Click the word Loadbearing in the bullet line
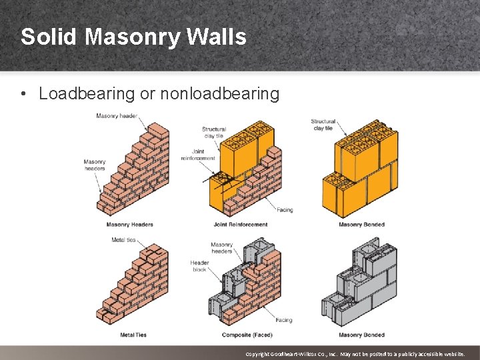pyautogui.click(x=87, y=94)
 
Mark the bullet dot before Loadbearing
pyautogui.click(x=24, y=94)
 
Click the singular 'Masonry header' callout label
pyautogui.click(x=117, y=116)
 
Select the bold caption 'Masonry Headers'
pyautogui.click(x=129, y=225)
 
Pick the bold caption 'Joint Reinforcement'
pyautogui.click(x=241, y=225)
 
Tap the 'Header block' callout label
pyautogui.click(x=199, y=266)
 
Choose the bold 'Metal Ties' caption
pyautogui.click(x=133, y=335)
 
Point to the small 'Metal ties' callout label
pyautogui.click(x=123, y=240)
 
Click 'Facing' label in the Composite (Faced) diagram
pyautogui.click(x=283, y=321)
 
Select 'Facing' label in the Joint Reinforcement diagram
pyautogui.click(x=285, y=210)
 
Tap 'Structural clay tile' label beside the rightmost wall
pyautogui.click(x=323, y=125)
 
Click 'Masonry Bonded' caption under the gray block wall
pyautogui.click(x=361, y=335)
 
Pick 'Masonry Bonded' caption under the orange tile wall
pyautogui.click(x=361, y=225)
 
